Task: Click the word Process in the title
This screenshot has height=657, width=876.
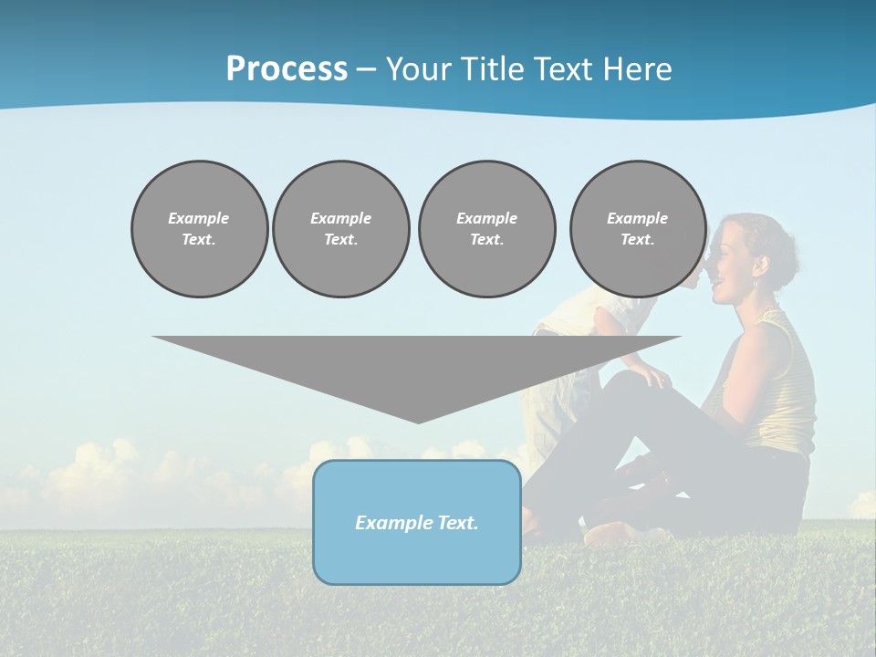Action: point(287,69)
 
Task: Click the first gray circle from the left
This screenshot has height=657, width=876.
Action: point(199,229)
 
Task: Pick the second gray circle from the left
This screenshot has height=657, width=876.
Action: point(340,229)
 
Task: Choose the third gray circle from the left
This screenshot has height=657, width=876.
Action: point(486,229)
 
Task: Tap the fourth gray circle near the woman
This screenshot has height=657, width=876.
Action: point(637,229)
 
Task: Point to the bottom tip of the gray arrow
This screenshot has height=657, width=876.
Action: point(418,421)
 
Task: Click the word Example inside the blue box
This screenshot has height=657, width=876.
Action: point(391,523)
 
